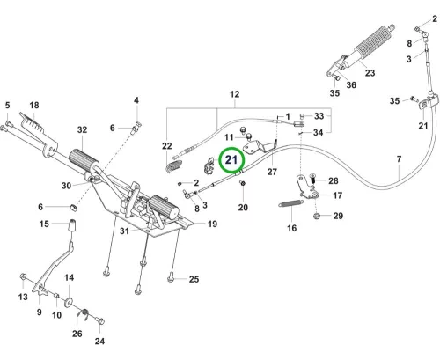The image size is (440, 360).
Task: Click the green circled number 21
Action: pyautogui.click(x=231, y=160)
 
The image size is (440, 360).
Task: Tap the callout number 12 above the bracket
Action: pyautogui.click(x=235, y=94)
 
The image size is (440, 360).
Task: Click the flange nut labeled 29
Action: pyautogui.click(x=317, y=217)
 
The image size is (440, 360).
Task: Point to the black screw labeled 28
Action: pyautogui.click(x=312, y=179)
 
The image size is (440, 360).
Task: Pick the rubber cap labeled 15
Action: pyautogui.click(x=72, y=225)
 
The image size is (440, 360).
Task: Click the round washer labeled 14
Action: pyautogui.click(x=69, y=302)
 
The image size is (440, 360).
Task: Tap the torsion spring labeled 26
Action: pyautogui.click(x=84, y=314)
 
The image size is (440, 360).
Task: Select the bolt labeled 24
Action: pyautogui.click(x=100, y=320)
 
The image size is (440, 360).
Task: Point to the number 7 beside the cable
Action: pyautogui.click(x=399, y=159)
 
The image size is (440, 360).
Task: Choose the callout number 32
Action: pyautogui.click(x=82, y=129)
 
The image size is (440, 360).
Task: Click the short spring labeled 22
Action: pyautogui.click(x=174, y=166)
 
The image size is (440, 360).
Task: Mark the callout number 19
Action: pyautogui.click(x=212, y=224)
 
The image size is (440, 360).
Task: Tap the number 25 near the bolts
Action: pyautogui.click(x=194, y=279)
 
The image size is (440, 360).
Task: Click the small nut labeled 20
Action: pyautogui.click(x=243, y=183)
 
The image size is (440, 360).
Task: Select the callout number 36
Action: pyautogui.click(x=351, y=85)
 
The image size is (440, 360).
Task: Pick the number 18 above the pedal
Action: pyautogui.click(x=34, y=105)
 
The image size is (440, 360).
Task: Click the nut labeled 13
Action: pyautogui.click(x=23, y=276)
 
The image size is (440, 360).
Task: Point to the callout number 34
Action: pyautogui.click(x=319, y=133)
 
